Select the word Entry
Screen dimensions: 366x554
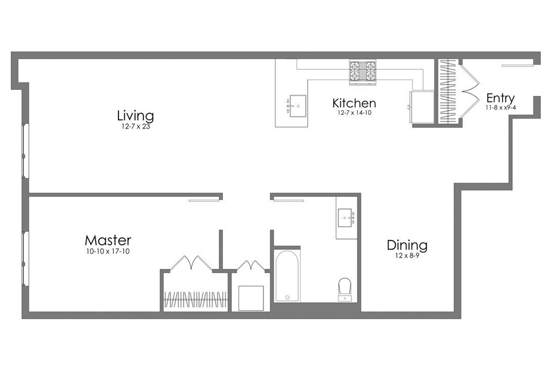[500, 98]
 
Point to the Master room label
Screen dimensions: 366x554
[108, 240]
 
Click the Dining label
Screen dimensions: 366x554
[407, 246]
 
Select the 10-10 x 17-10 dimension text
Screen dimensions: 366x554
[108, 251]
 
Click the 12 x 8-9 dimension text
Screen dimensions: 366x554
[407, 256]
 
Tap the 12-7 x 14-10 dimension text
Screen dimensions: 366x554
[354, 113]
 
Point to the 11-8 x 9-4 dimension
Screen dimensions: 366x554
[501, 108]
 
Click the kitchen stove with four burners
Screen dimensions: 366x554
[362, 72]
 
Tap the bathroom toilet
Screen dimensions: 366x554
[345, 289]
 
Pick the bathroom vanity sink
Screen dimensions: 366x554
[347, 219]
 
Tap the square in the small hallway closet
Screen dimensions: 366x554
[251, 298]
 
